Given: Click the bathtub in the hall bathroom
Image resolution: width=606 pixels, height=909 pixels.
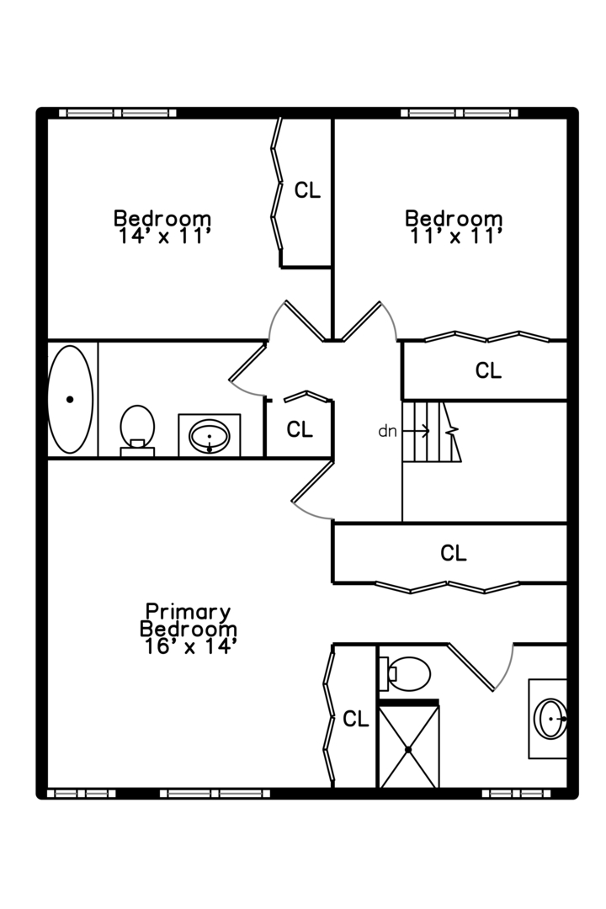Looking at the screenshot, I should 70,399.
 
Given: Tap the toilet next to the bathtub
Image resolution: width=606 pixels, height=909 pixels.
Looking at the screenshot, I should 137,428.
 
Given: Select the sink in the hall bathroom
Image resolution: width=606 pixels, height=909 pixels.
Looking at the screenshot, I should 210,436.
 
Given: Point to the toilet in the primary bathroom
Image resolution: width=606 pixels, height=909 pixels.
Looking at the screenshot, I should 407,673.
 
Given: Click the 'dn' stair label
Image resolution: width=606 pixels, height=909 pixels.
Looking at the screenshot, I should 387,431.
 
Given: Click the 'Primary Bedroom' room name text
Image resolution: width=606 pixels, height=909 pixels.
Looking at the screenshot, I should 188,620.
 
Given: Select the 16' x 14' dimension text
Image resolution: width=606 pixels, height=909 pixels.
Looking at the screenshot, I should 189,646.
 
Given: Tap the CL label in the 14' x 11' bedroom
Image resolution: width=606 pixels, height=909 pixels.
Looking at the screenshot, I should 307,190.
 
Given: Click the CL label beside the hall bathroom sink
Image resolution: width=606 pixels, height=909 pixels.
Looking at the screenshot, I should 300,429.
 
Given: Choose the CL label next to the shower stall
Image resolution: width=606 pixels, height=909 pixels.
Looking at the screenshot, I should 356,720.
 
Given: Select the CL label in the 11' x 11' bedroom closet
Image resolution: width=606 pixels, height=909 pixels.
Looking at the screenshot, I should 488,370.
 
